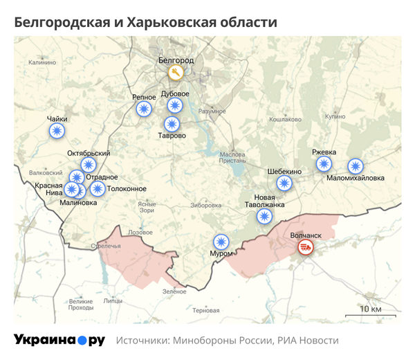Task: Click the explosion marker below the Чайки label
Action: click(57, 130)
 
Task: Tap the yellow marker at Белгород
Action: click(176, 72)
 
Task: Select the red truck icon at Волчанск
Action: click(305, 248)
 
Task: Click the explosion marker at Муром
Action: click(221, 242)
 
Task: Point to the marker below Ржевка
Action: click(324, 164)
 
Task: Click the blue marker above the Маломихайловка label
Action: click(355, 165)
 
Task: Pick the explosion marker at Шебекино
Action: click(284, 183)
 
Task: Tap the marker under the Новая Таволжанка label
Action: click(264, 216)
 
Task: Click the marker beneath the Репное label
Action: click(143, 109)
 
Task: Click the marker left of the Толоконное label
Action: click(98, 188)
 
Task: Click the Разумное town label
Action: click(212, 111)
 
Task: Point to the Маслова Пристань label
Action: click(232, 158)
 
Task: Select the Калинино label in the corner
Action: click(42, 62)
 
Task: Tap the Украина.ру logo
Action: click(59, 340)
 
